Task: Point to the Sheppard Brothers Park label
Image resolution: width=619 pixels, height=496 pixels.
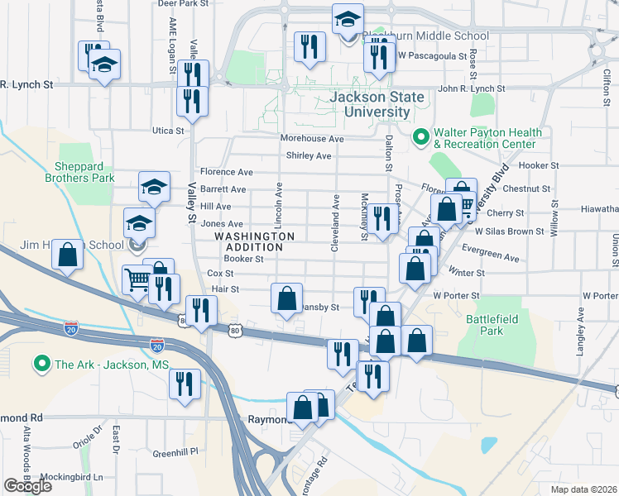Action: pyautogui.click(x=84, y=171)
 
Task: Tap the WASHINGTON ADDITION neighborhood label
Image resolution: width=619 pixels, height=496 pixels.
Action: pyautogui.click(x=254, y=241)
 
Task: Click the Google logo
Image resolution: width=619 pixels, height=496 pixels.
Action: pyautogui.click(x=27, y=486)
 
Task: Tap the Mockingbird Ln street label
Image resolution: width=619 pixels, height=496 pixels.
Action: pyautogui.click(x=74, y=477)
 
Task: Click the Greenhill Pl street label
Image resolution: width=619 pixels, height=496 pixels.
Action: pyautogui.click(x=176, y=453)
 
